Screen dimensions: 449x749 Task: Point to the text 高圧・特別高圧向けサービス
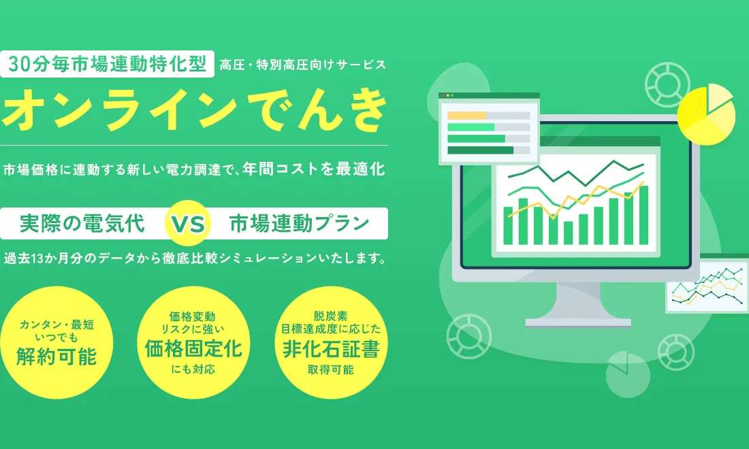tap(303, 65)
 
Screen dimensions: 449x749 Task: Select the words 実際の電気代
tap(82, 224)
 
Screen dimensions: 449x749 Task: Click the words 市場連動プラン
tap(300, 224)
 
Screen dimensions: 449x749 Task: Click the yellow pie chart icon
tap(705, 114)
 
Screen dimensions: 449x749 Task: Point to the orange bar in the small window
tap(467, 116)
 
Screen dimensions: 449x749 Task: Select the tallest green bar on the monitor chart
tap(643, 215)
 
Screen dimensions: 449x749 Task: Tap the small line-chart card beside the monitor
tap(707, 284)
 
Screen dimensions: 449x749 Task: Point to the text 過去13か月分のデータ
tap(68, 259)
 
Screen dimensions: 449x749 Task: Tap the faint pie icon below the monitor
tap(627, 374)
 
